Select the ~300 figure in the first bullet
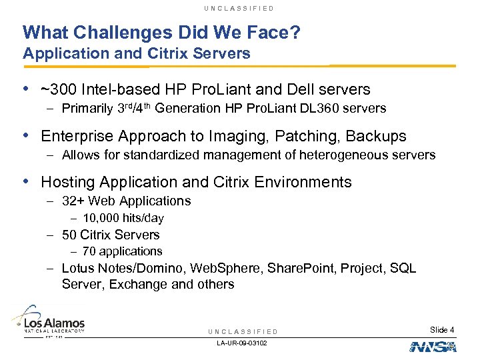(x=56, y=89)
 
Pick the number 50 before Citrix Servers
(x=69, y=235)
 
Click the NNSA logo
(x=432, y=347)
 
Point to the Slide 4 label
(x=443, y=329)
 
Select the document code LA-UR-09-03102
(x=242, y=343)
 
